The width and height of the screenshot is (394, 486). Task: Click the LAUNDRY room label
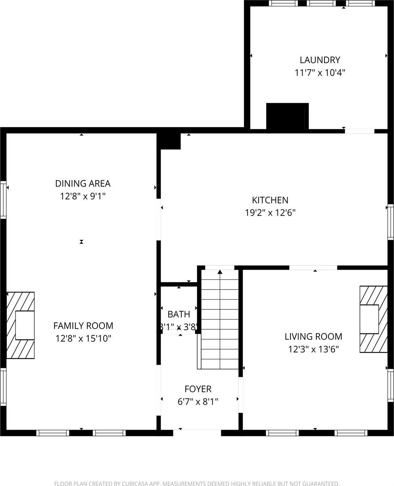(320, 60)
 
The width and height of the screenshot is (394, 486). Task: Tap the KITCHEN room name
(270, 200)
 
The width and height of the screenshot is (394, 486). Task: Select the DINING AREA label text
(83, 183)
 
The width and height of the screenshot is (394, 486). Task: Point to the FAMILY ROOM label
(83, 326)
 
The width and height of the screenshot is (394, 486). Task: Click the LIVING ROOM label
(313, 336)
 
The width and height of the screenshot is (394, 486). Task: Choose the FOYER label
(198, 389)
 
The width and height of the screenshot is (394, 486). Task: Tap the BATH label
(178, 314)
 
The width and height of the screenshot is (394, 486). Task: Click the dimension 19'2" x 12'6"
(270, 213)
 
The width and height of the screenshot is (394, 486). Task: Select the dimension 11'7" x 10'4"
(320, 73)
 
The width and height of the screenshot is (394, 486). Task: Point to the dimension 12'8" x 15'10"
(83, 339)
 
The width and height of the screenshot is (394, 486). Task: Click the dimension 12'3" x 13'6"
(313, 349)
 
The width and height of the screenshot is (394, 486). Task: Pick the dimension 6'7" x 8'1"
(198, 402)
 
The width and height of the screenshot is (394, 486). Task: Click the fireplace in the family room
(21, 325)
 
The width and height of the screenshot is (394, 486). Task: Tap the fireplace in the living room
(373, 319)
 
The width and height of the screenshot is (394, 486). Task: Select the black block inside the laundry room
(287, 116)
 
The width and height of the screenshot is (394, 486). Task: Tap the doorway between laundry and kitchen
(359, 131)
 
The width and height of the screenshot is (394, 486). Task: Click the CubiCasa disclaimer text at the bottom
(197, 483)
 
